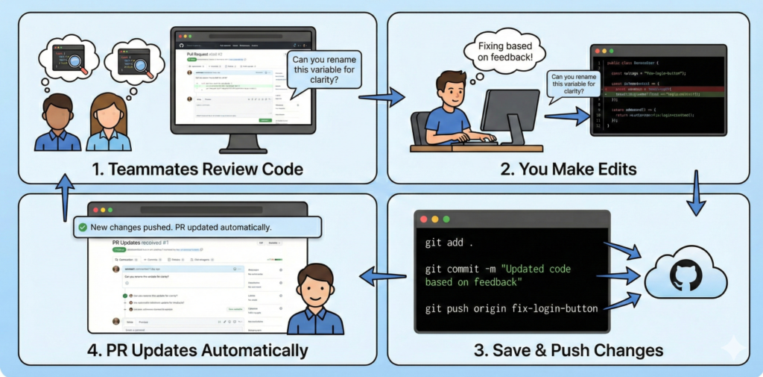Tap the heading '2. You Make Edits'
click(568, 169)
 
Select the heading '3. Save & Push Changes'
click(569, 349)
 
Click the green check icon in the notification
click(83, 227)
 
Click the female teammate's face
click(109, 113)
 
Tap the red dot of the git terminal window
click(423, 219)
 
